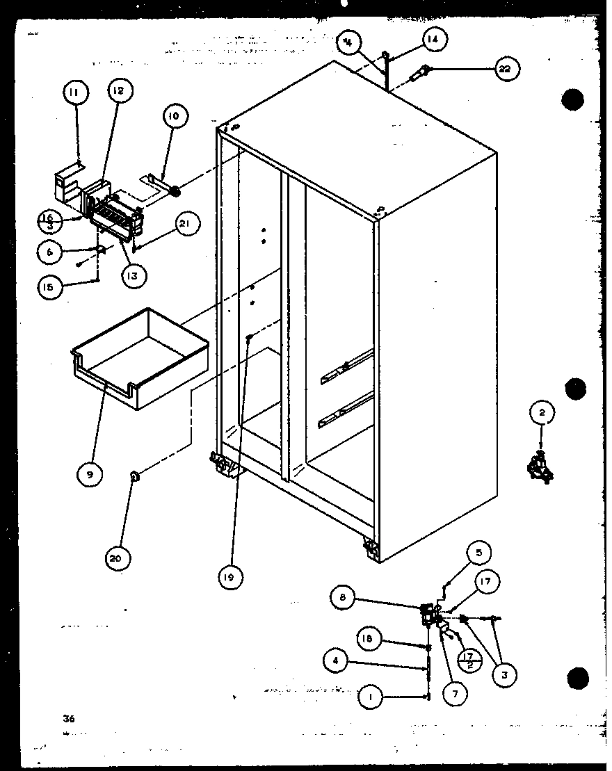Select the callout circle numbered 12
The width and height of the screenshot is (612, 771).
coord(119,90)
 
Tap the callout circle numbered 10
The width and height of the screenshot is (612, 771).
coord(173,116)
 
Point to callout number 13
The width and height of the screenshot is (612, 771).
coord(132,275)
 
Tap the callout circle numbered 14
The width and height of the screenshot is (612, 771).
coord(433,40)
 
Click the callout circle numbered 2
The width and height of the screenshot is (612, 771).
coord(542,412)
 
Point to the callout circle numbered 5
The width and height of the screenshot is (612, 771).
coord(478,553)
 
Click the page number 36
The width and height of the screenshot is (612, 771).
coord(67,718)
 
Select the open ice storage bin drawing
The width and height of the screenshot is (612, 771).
coord(139,357)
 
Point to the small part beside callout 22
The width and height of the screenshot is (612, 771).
coord(421,72)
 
